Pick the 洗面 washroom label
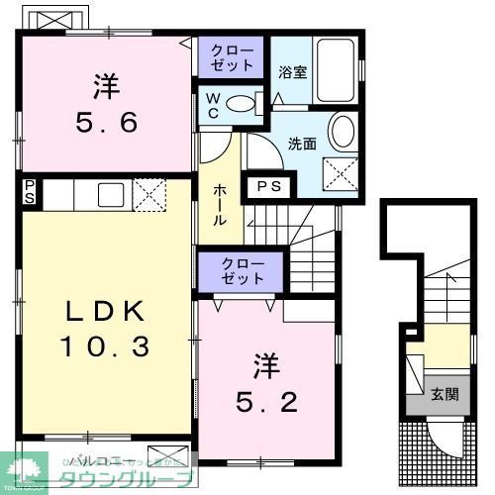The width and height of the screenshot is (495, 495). (302, 144)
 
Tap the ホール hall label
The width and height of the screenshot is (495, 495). (220, 204)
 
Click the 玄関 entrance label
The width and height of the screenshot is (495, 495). (445, 394)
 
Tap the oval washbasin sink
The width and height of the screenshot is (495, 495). (342, 132)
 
